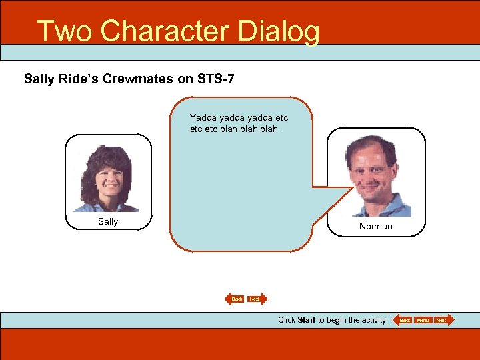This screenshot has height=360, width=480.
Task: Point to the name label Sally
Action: click(x=107, y=221)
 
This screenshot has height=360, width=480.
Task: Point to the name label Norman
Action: click(x=375, y=226)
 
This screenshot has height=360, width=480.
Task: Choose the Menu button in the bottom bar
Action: click(x=423, y=321)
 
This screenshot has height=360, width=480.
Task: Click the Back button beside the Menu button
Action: click(x=404, y=321)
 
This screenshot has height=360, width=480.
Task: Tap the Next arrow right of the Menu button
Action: click(x=442, y=321)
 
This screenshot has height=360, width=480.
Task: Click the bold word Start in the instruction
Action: click(x=306, y=320)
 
